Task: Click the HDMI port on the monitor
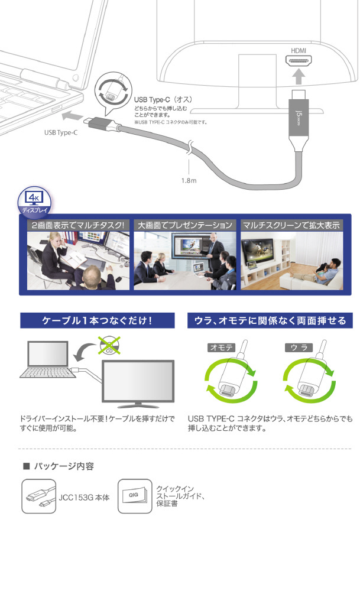[x=298, y=61]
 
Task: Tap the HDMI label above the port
[x=298, y=50]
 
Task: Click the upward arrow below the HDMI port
[x=298, y=76]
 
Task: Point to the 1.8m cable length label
[x=189, y=180]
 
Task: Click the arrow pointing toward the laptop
[x=72, y=115]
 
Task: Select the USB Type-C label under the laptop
[x=61, y=132]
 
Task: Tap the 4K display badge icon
[x=34, y=202]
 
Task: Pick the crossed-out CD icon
[x=109, y=345]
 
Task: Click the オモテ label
[x=221, y=347]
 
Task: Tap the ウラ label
[x=299, y=347]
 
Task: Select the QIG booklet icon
[x=135, y=496]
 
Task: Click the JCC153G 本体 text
[x=84, y=498]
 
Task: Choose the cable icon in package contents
[x=39, y=496]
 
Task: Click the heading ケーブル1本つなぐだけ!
[x=98, y=320]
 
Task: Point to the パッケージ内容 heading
[x=64, y=466]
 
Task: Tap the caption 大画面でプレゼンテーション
[x=184, y=225]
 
